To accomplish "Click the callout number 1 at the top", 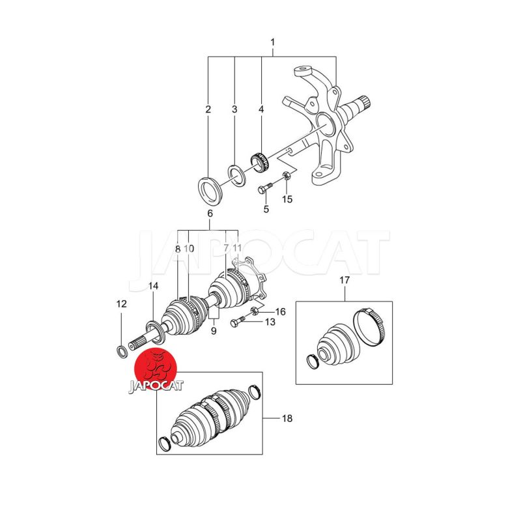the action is click(273, 42).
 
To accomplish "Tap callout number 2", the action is click(208, 109).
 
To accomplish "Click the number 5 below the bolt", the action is click(266, 209).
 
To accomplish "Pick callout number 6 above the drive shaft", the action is click(210, 214).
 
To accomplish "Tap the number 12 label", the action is click(122, 303).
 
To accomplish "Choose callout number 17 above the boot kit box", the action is click(345, 280).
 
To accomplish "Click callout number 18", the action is click(287, 418).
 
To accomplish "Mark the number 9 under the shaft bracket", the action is click(214, 331).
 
